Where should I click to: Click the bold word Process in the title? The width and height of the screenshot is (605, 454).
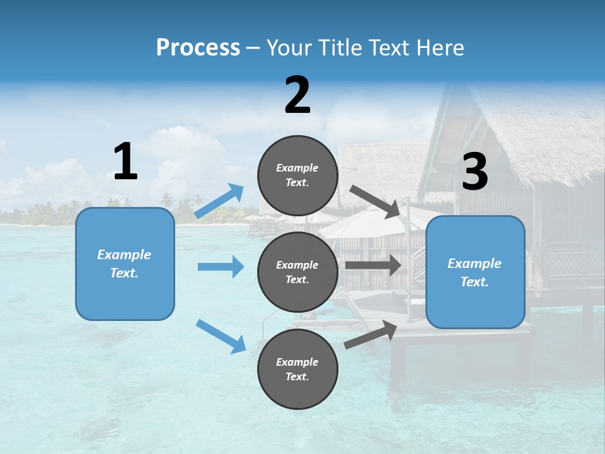[x=198, y=47]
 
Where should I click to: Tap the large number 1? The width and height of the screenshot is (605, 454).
[x=125, y=162]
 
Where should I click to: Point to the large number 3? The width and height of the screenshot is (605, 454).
[x=475, y=172]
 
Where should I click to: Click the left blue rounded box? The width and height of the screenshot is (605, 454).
[x=125, y=264]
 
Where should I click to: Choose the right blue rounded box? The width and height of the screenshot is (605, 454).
[x=475, y=272]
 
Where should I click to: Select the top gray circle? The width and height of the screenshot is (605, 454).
[x=297, y=175]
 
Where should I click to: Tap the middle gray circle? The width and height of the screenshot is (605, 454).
[x=297, y=272]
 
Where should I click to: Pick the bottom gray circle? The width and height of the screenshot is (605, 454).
[x=297, y=369]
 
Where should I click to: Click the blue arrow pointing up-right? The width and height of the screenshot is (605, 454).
[x=219, y=201]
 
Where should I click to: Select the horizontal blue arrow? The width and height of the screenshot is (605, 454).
[x=221, y=267]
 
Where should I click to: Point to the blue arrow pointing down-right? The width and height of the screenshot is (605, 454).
[x=221, y=336]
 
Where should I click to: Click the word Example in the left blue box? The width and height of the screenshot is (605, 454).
[x=124, y=255]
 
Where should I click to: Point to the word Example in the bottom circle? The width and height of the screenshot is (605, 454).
[x=297, y=362]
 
